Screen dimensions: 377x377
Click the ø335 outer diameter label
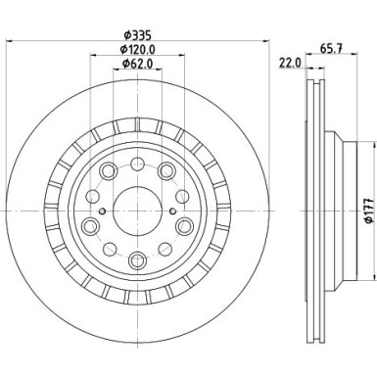coord(137,35)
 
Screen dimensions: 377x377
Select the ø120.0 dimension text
coord(138,50)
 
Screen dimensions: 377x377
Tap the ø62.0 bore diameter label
coord(138,66)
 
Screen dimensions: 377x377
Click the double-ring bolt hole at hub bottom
coord(137,259)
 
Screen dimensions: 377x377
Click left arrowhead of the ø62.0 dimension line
coord(116,73)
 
